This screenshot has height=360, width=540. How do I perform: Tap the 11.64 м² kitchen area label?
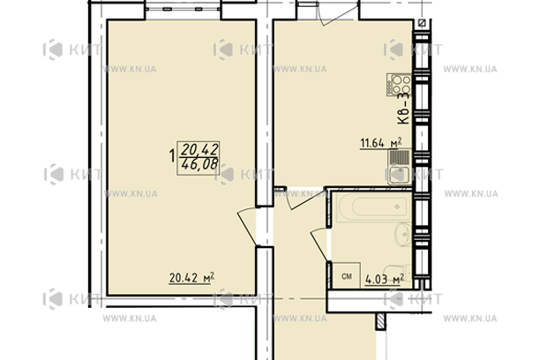(x=380, y=140)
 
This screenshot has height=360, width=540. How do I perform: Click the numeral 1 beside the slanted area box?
(x=170, y=156)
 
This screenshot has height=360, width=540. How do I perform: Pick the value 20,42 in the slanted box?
(x=199, y=148)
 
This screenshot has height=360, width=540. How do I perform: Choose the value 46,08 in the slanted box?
(x=199, y=164)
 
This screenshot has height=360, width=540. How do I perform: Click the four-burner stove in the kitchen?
(x=397, y=85)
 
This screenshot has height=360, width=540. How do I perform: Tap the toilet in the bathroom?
(x=399, y=271)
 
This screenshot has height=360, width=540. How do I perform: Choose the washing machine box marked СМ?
(x=347, y=278)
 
